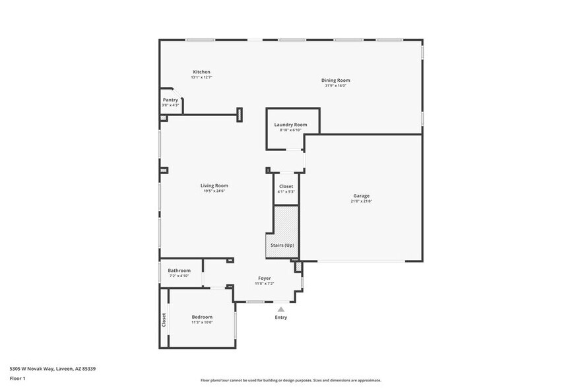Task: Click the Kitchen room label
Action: click(x=201, y=72)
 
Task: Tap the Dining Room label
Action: click(x=335, y=81)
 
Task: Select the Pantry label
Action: click(x=170, y=100)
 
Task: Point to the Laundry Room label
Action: click(x=290, y=125)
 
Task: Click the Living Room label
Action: click(x=214, y=185)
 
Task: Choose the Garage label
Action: click(x=361, y=195)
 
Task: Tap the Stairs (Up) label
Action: click(x=282, y=245)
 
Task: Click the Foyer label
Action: click(x=264, y=278)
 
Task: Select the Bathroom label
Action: click(x=179, y=271)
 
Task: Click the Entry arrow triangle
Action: click(x=281, y=309)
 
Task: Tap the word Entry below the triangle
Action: click(x=281, y=317)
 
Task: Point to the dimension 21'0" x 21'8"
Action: click(x=361, y=201)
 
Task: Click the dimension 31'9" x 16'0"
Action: click(x=335, y=86)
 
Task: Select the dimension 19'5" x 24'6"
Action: click(x=214, y=191)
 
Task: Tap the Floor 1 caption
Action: click(x=18, y=378)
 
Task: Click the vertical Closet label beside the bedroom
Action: click(x=164, y=319)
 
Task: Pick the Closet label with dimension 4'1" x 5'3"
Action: click(x=286, y=187)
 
